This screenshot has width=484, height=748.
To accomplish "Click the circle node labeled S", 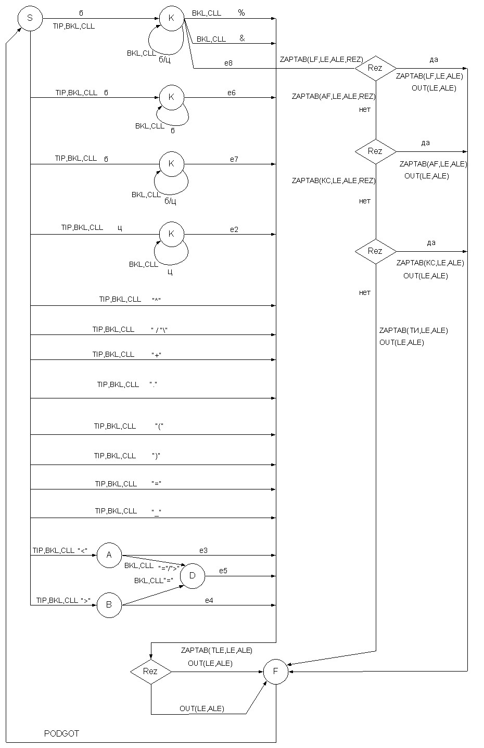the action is tap(30, 18).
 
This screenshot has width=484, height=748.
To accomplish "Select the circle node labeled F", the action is tap(276, 672).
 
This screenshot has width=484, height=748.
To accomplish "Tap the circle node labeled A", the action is tap(109, 556).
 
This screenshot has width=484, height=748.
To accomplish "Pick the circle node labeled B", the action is tap(109, 605).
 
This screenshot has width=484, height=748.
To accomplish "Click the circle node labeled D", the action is tap(193, 576).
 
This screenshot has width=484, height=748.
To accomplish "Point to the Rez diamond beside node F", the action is tap(151, 672).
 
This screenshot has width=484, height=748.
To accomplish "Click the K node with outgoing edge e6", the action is tap(171, 97).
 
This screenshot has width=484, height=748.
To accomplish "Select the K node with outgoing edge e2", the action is tap(171, 234).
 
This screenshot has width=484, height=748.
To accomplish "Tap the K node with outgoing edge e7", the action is tap(171, 164).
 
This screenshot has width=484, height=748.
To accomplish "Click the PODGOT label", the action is tap(61, 733).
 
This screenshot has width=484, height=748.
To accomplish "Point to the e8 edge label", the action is tap(228, 63).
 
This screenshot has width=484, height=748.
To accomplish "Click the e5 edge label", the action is tap(223, 571).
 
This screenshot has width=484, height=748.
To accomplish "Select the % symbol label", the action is tap(241, 13).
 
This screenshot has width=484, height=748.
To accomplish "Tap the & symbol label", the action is tap(242, 38).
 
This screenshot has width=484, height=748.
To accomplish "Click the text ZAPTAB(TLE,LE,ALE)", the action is tap(217, 651).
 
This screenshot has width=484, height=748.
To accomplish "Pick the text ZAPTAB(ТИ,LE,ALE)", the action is tap(414, 331).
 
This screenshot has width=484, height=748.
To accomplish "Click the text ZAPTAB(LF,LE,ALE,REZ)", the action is tap(321, 60).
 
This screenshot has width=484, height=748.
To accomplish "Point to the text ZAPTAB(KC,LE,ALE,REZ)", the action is tap(334, 180).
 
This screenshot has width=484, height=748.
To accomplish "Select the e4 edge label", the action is tap(209, 600).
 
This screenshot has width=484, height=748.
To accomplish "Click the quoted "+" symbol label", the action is tap(156, 355).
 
